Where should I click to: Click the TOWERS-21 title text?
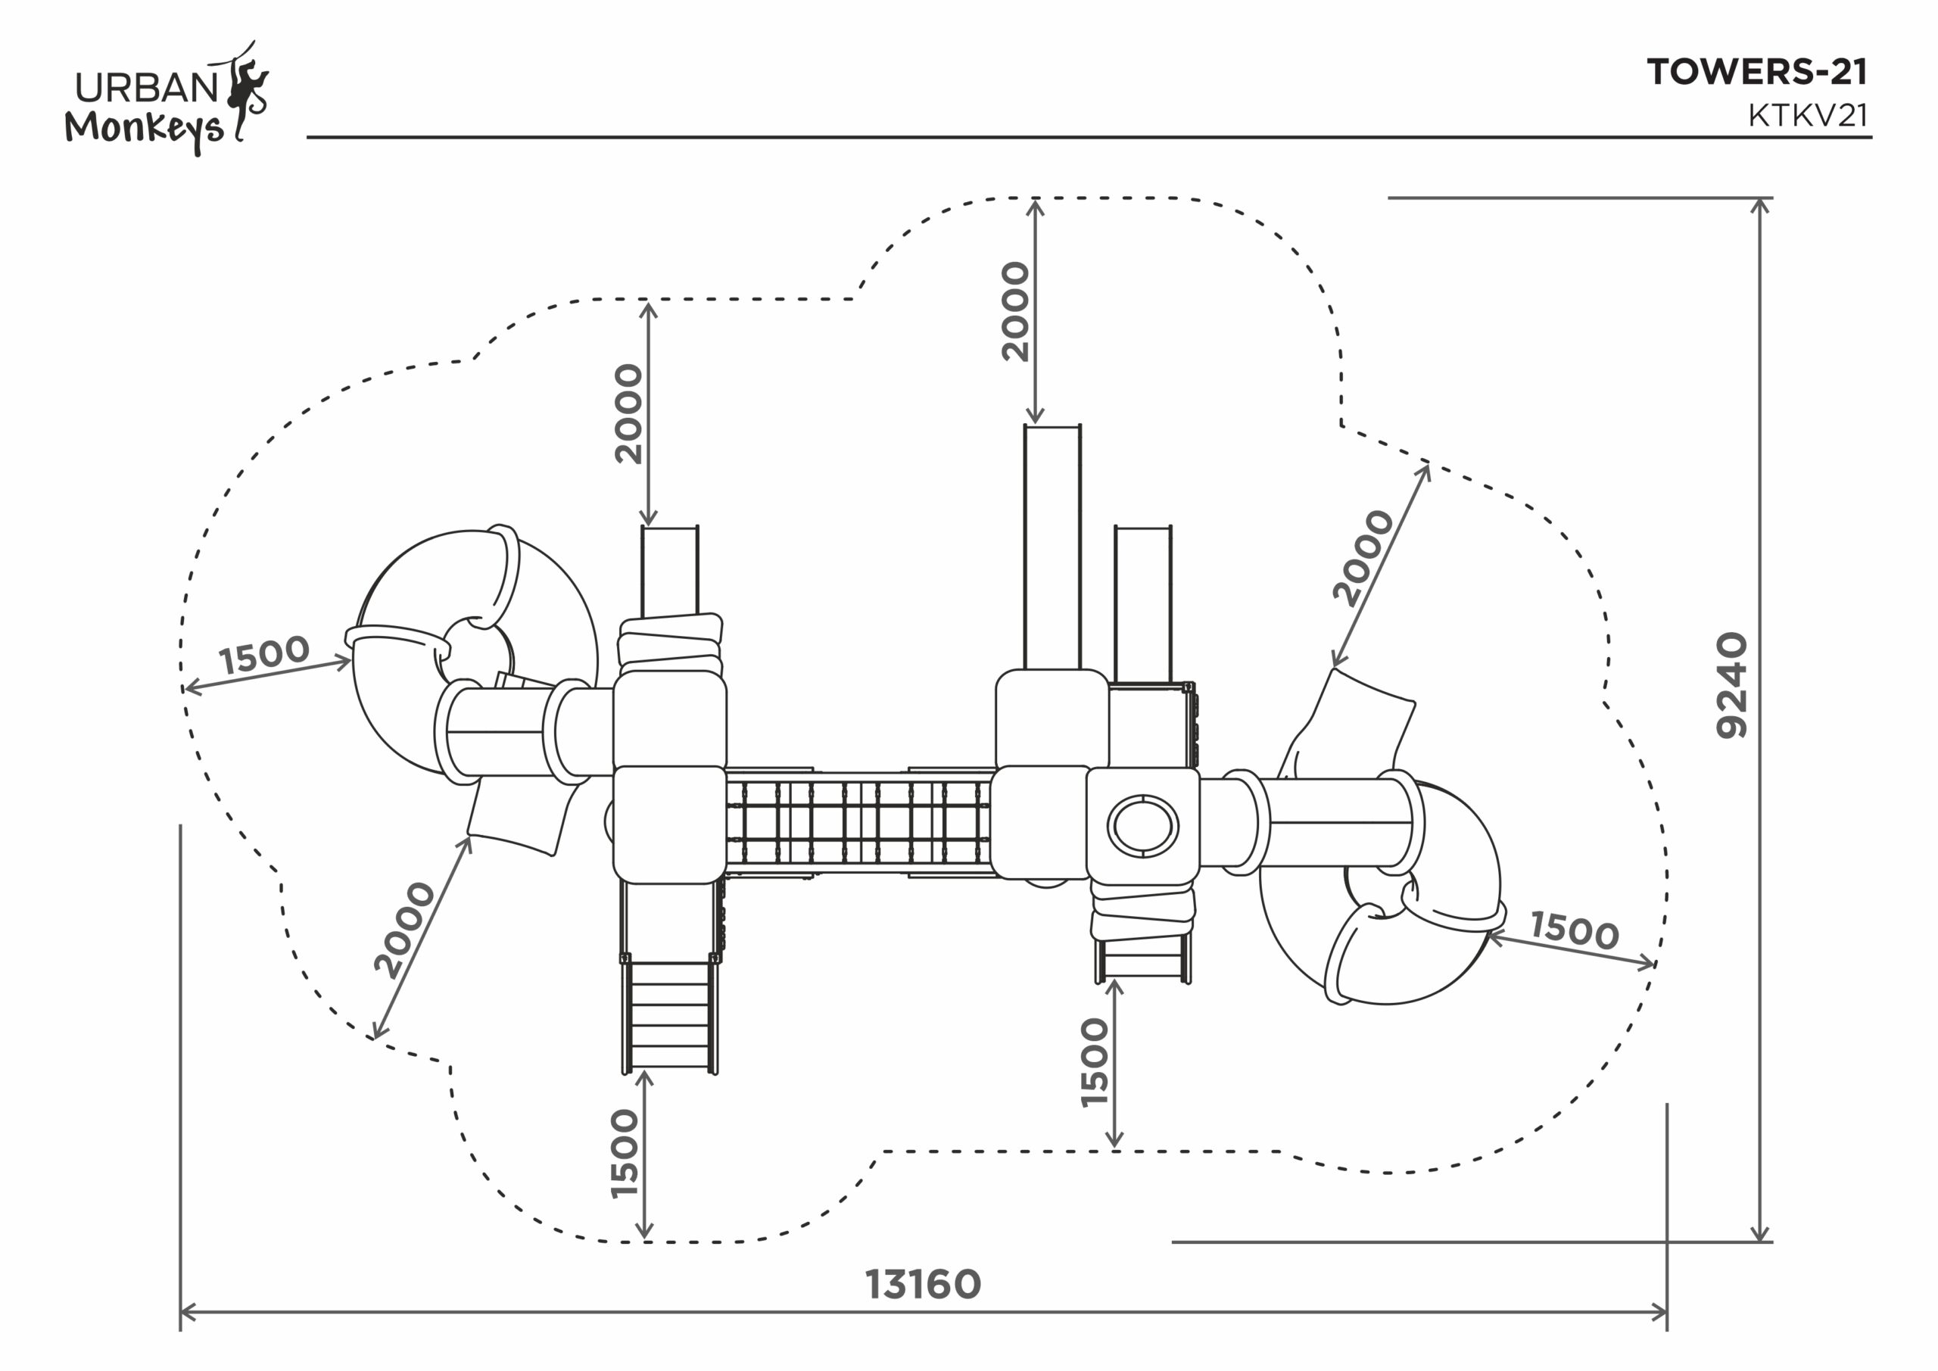[x=1756, y=73]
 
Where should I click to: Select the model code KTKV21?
[x=1807, y=116]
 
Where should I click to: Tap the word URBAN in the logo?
[x=147, y=88]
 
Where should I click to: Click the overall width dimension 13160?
[x=923, y=1284]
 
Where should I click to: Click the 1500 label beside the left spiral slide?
[x=264, y=654]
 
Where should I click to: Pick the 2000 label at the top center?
[x=1015, y=311]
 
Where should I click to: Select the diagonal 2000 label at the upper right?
[x=1363, y=557]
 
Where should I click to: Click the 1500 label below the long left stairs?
[x=625, y=1153]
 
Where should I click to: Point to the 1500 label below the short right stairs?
[x=1094, y=1063]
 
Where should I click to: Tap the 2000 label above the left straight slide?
[x=628, y=413]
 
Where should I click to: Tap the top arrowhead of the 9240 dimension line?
[x=1760, y=206]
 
